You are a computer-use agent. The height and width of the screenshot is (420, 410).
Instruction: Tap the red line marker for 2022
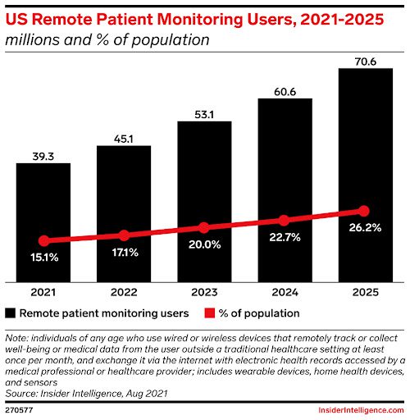124,235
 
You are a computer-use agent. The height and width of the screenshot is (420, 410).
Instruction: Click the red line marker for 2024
285,220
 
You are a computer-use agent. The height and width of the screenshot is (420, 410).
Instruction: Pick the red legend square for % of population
206,313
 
